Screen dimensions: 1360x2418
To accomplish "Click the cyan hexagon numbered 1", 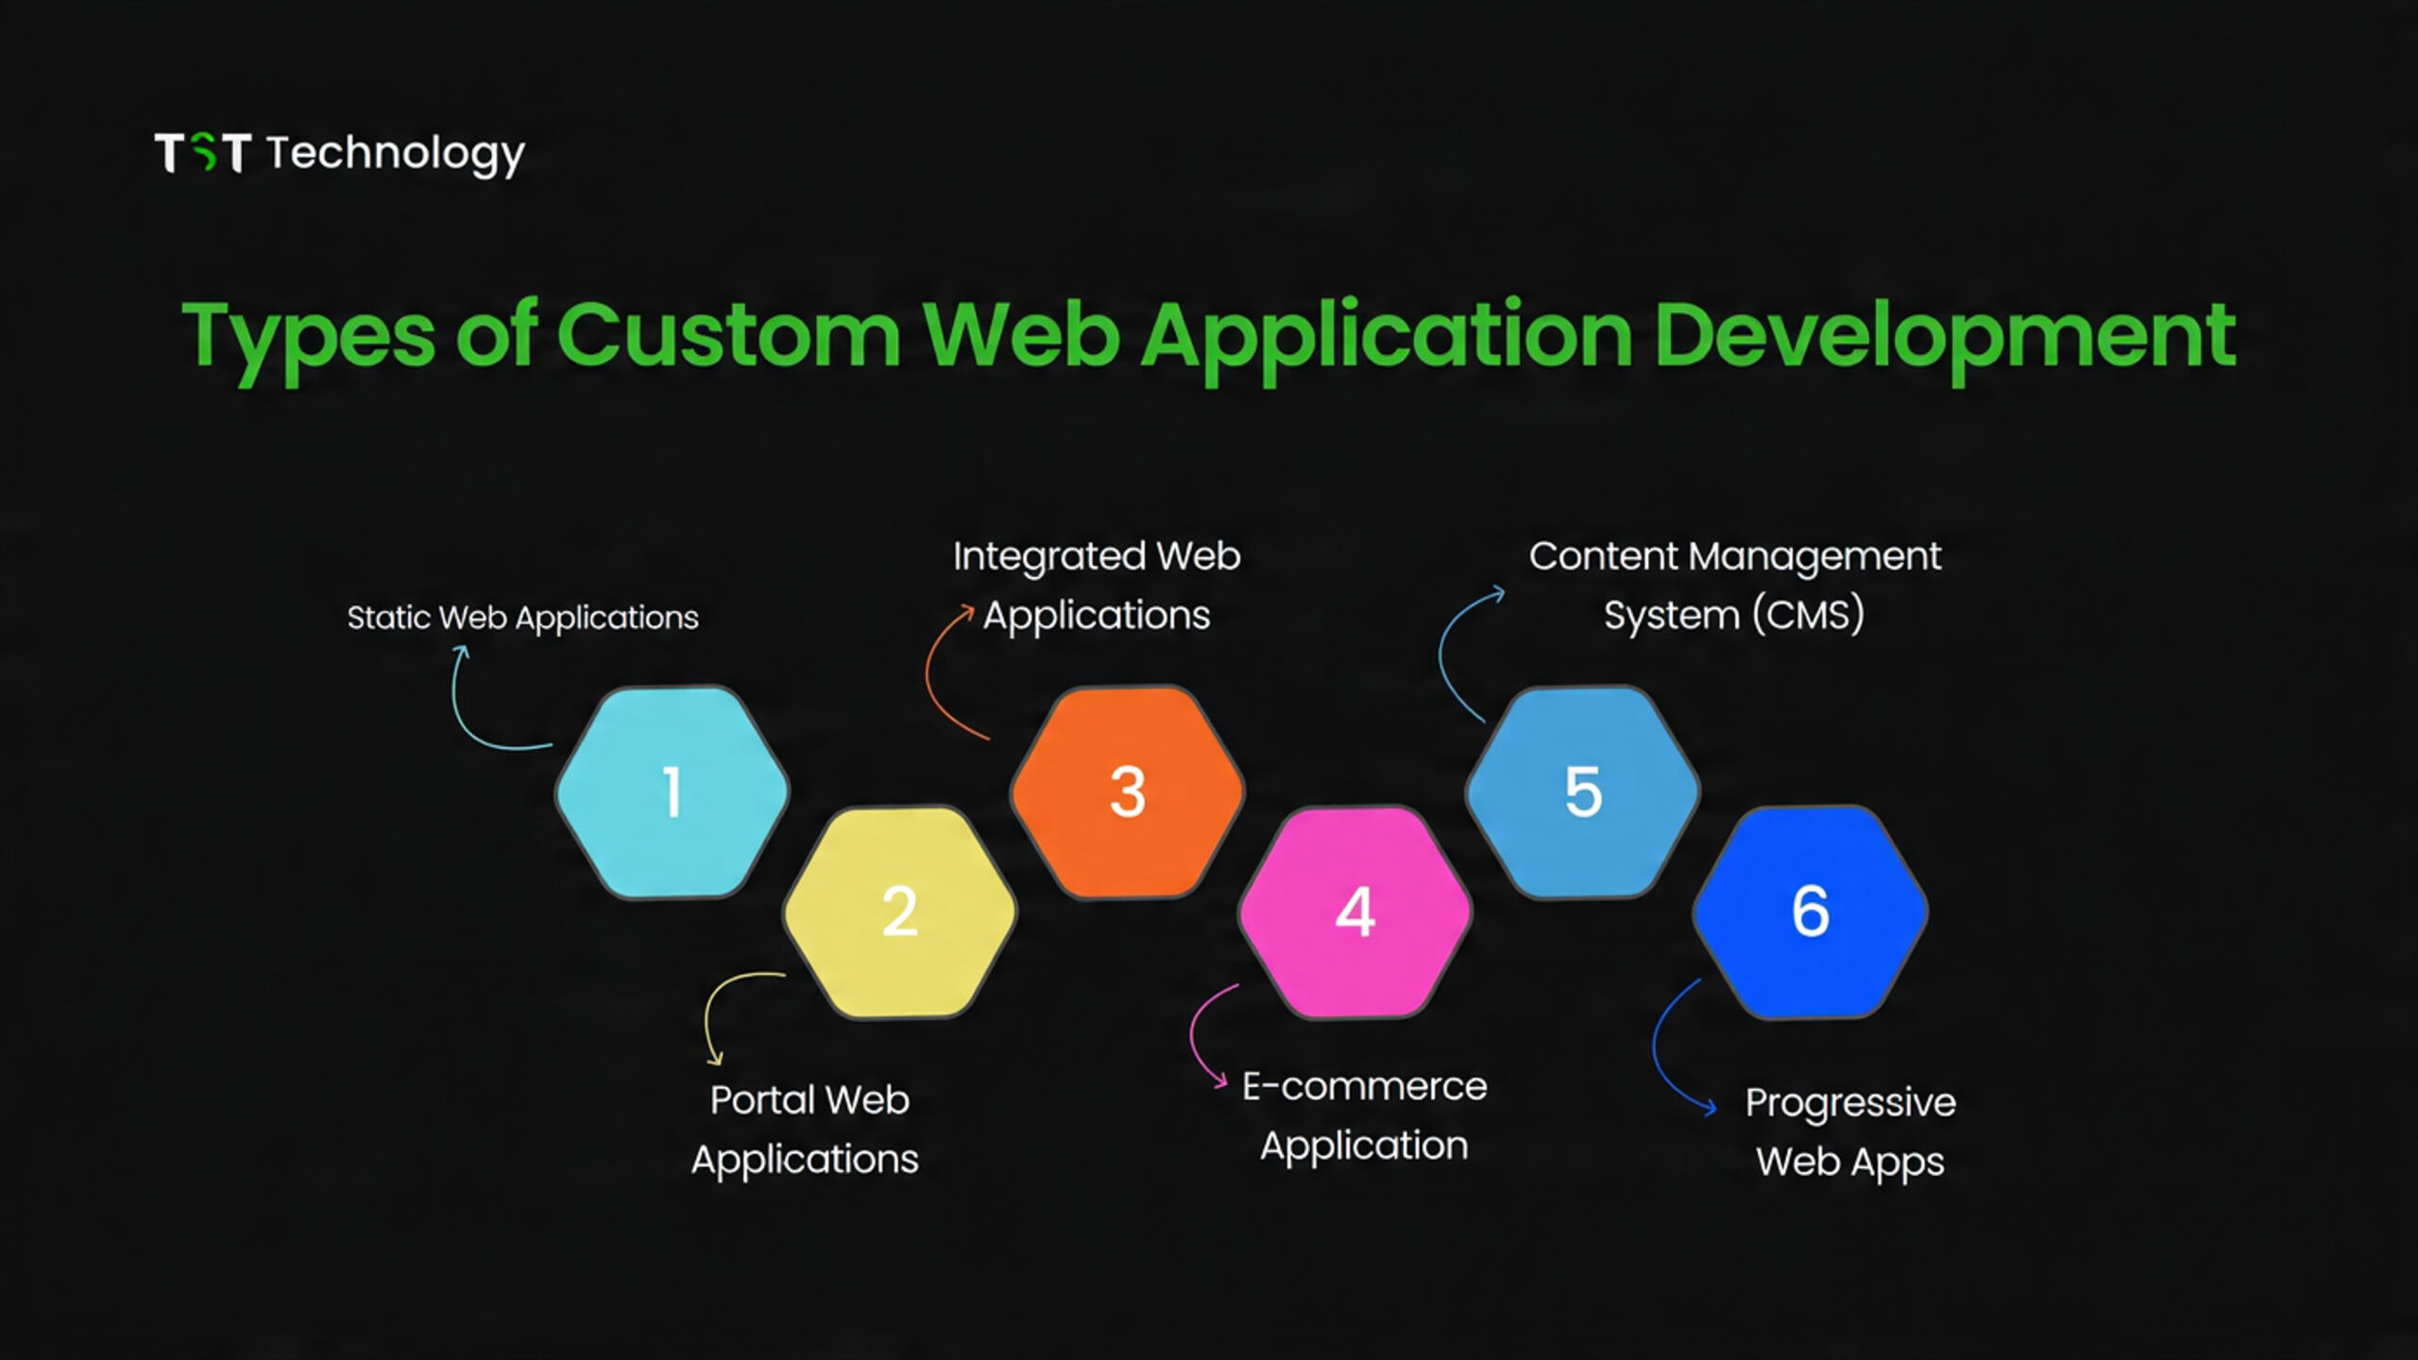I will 672,791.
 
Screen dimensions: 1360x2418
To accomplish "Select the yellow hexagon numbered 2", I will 899,911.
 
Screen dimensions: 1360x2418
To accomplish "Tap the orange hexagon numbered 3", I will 1127,791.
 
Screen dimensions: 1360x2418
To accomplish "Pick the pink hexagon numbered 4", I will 1354,911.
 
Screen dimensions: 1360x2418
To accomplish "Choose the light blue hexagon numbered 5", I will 1582,791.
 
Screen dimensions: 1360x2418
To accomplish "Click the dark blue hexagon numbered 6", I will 1810,911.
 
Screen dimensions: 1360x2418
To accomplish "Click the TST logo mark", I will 202,153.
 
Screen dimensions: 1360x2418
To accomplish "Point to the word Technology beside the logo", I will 395,154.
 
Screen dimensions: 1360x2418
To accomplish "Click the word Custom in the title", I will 728,334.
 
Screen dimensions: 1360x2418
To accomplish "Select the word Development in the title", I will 1945,334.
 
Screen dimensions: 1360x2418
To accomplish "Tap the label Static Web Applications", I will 522,618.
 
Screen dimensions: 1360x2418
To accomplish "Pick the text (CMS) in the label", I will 1808,616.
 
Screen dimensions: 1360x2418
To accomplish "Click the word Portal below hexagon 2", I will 762,1100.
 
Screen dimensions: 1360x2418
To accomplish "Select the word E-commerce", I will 1364,1087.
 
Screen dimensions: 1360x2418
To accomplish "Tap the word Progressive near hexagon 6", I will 1849,1103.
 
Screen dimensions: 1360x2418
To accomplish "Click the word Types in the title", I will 308,336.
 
